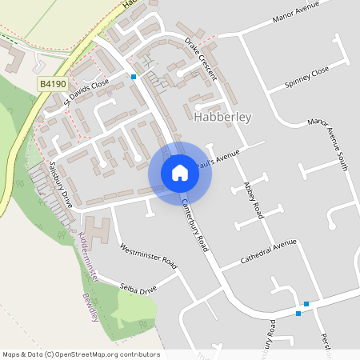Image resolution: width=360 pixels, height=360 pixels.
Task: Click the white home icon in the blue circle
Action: coord(180,173)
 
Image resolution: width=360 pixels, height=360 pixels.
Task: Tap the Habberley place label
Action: coord(222,118)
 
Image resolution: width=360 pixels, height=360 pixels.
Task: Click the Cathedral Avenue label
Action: coord(269,253)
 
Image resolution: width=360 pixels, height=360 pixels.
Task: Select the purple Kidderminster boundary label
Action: coord(89,255)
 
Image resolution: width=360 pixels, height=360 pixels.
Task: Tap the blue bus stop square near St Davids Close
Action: coord(134,77)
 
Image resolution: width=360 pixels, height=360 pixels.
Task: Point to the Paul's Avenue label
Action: coord(220,154)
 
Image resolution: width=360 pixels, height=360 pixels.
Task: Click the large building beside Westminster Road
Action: coord(99,232)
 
